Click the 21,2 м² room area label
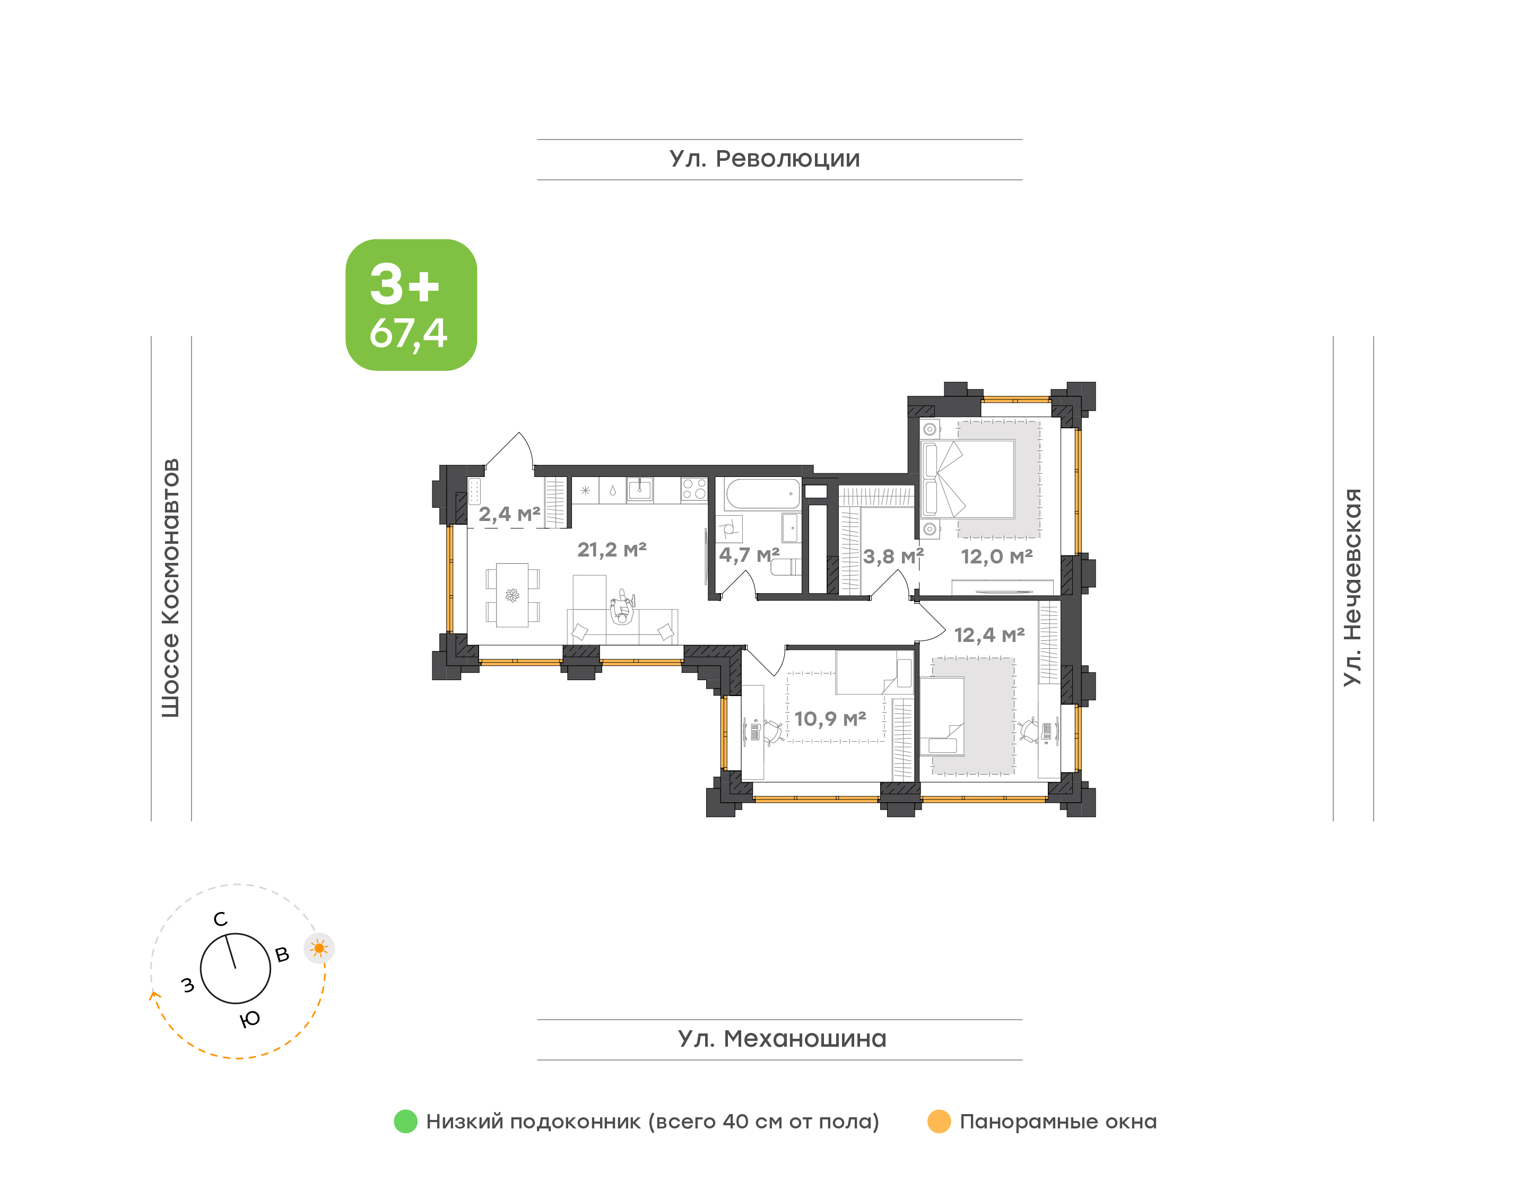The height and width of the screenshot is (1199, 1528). pyautogui.click(x=611, y=550)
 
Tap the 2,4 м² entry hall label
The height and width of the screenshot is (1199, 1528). pyautogui.click(x=509, y=515)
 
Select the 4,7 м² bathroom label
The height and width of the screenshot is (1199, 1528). pyautogui.click(x=749, y=555)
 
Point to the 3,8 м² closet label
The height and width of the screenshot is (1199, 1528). pyautogui.click(x=893, y=557)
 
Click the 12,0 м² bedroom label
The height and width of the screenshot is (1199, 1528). pyautogui.click(x=997, y=557)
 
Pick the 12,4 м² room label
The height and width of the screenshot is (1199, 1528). pyautogui.click(x=989, y=635)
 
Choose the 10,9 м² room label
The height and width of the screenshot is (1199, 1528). pyautogui.click(x=830, y=719)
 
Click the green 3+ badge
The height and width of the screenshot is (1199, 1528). pyautogui.click(x=411, y=305)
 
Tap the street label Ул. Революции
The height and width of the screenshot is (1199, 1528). pyautogui.click(x=765, y=159)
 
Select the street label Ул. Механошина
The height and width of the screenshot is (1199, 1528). pyautogui.click(x=782, y=1039)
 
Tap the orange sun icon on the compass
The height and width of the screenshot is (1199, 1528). pyautogui.click(x=319, y=949)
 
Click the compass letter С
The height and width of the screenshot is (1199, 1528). pyautogui.click(x=220, y=919)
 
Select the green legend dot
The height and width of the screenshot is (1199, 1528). pyautogui.click(x=406, y=1121)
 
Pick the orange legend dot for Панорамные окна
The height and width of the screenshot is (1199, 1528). pyautogui.click(x=939, y=1121)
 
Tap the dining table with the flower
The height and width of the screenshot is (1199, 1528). pyautogui.click(x=513, y=595)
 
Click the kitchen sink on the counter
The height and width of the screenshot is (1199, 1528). pyautogui.click(x=639, y=489)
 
